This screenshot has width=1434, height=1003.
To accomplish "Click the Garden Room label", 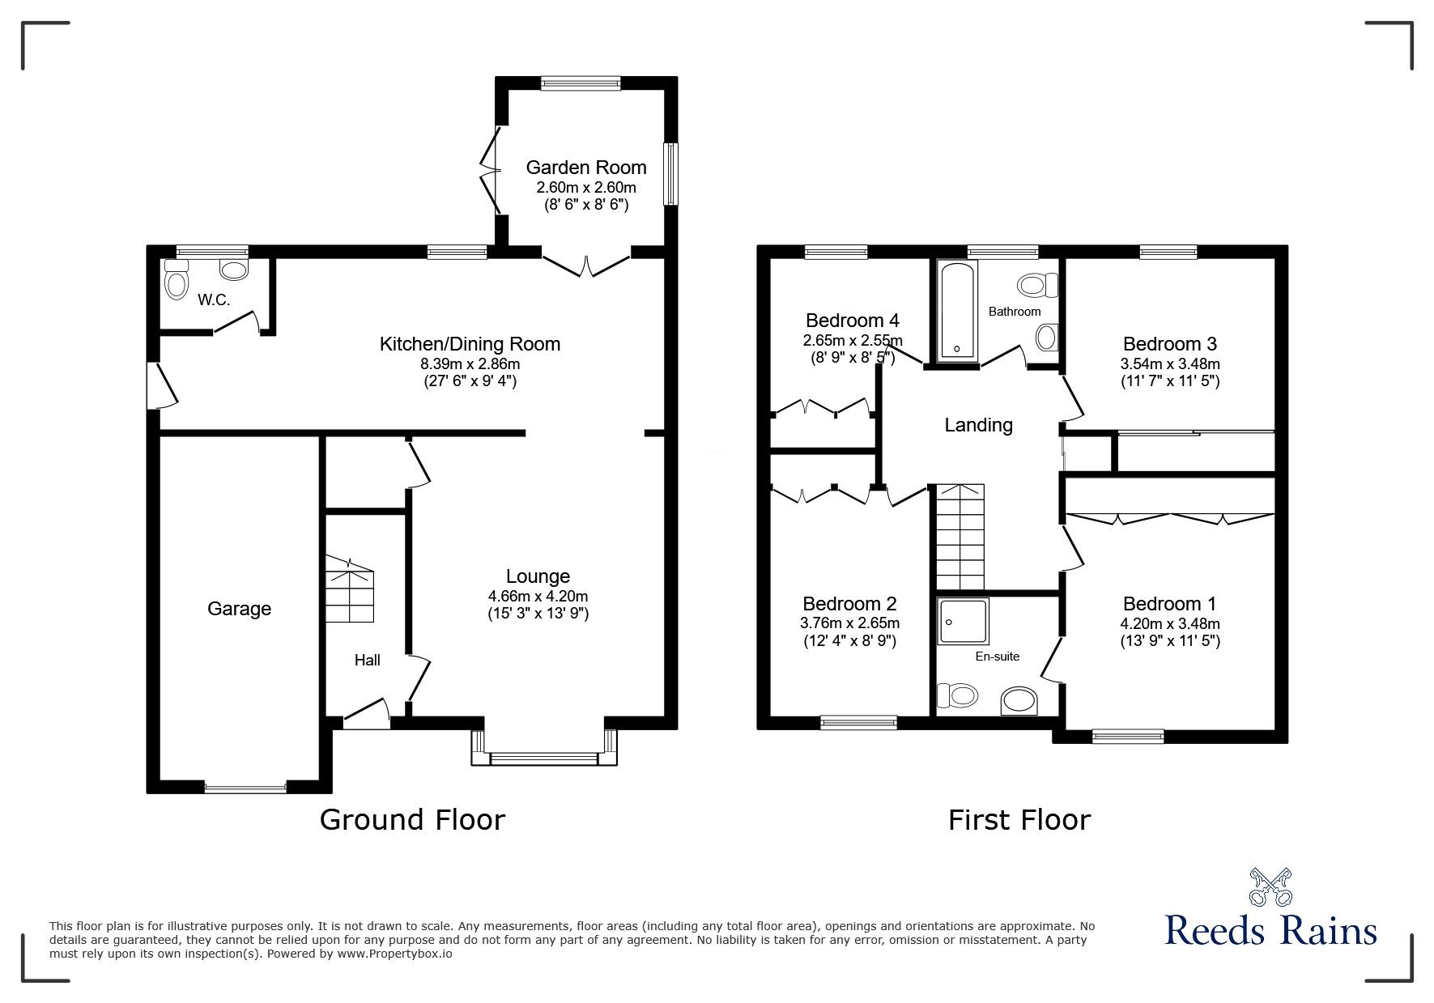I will (x=585, y=168).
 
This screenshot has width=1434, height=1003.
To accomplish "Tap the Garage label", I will (x=239, y=609).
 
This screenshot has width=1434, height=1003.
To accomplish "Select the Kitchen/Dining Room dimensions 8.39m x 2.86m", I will (x=470, y=363).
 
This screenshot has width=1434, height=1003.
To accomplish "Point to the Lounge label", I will (x=538, y=576).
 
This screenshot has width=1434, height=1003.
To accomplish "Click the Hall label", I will (x=367, y=661).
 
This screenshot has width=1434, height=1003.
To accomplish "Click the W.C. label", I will (x=214, y=300).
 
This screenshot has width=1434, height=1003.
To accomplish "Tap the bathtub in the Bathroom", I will (x=957, y=311).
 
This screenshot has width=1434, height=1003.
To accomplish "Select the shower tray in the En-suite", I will (x=963, y=622).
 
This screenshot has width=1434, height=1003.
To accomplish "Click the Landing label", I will (x=978, y=425).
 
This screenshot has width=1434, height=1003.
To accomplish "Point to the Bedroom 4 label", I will (x=852, y=321).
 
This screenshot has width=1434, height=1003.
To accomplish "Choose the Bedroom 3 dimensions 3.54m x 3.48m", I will (x=1170, y=363).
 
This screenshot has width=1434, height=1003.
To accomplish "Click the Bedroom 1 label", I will (x=1169, y=604).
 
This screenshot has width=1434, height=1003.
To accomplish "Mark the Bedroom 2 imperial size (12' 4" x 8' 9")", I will (x=849, y=641).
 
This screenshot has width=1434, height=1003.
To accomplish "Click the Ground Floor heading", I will (x=412, y=819).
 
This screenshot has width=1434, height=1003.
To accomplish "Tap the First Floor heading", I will (x=1019, y=819).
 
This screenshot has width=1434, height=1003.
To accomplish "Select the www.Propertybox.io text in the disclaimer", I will (x=394, y=954).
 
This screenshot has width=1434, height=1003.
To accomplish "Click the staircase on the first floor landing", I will (x=960, y=537).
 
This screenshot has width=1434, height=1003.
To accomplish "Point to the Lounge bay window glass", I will (x=544, y=759).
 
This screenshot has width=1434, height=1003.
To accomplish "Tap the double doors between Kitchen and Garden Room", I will (x=585, y=266).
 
